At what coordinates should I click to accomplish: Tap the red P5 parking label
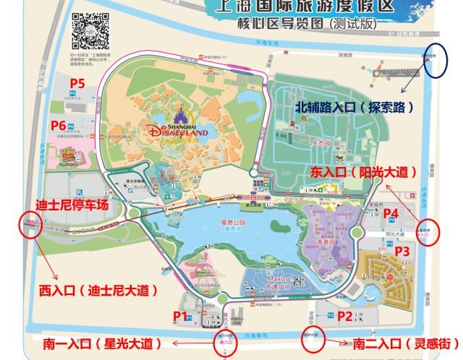tap(77, 84)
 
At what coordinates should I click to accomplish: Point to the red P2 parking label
tap(345, 315)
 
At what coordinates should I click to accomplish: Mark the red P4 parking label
tap(391, 213)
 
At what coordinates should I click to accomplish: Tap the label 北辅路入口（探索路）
tap(354, 106)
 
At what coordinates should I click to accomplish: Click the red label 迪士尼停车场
tap(72, 205)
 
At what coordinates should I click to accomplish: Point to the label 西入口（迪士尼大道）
tap(98, 290)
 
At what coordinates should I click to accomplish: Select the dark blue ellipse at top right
tap(436, 61)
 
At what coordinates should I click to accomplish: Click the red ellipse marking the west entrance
tap(30, 226)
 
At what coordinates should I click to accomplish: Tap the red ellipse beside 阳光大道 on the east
tap(431, 233)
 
